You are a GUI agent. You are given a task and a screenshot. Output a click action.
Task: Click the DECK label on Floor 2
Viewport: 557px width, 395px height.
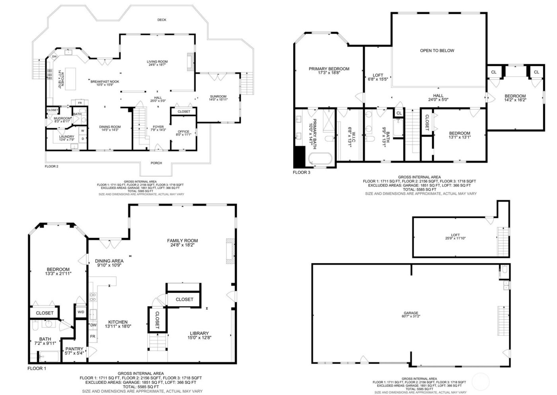click(x=162, y=20)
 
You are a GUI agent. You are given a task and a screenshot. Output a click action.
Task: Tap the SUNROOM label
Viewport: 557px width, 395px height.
click(x=218, y=96)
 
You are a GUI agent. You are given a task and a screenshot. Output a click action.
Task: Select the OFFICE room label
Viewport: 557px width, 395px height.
click(x=183, y=132)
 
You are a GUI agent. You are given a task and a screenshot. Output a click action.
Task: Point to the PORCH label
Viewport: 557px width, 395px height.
click(x=156, y=163)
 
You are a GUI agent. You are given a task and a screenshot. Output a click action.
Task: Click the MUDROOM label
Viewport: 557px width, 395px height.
click(x=63, y=118)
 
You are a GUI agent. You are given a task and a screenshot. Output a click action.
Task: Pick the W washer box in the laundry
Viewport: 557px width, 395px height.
click(x=83, y=131)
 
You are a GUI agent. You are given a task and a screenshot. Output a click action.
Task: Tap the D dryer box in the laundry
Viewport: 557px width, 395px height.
click(x=83, y=139)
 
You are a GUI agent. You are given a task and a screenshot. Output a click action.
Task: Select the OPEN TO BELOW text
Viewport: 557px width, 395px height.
click(x=437, y=51)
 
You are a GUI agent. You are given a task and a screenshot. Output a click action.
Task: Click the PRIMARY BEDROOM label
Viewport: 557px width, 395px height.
click(x=329, y=69)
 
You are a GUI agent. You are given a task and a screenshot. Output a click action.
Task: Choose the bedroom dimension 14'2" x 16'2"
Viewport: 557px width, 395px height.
click(x=515, y=100)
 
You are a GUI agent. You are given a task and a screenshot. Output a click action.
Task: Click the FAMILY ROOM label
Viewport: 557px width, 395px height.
click(x=182, y=241)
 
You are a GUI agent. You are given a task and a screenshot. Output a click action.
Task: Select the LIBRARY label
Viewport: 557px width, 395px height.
click(x=199, y=333)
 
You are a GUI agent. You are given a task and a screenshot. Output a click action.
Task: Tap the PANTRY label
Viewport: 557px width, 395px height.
click(x=74, y=349)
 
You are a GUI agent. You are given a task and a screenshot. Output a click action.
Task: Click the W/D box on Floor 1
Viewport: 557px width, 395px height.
click(x=81, y=312)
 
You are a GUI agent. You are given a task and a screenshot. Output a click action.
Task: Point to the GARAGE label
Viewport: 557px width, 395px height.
click(x=411, y=313)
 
